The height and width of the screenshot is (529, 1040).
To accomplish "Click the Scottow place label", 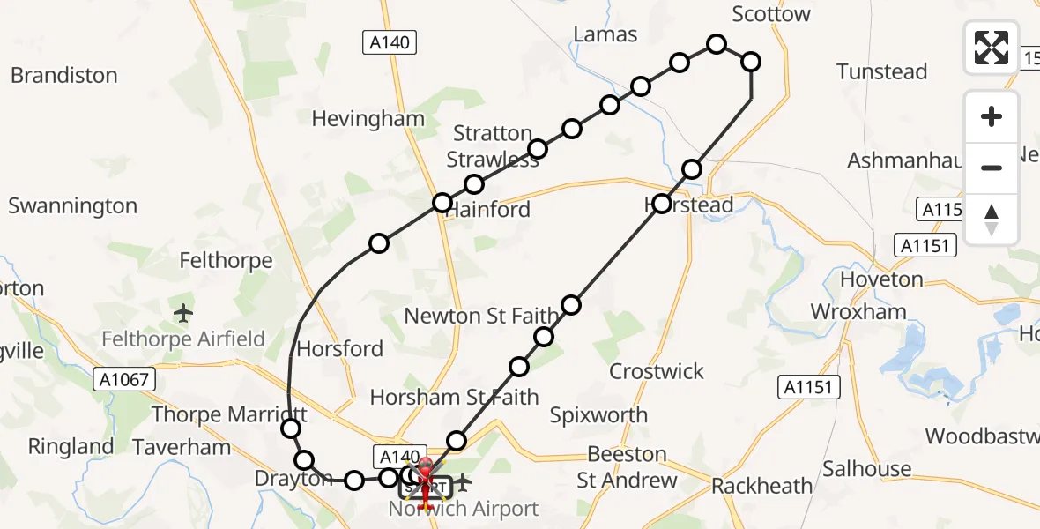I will [771, 14].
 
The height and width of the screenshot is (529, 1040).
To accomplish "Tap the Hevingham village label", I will [368, 118].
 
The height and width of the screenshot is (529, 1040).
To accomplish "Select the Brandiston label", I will [64, 75].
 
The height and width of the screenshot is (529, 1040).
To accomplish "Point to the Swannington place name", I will [73, 206].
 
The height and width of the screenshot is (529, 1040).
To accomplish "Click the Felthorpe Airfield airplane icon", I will [183, 312].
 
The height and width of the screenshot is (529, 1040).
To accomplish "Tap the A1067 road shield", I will [124, 380].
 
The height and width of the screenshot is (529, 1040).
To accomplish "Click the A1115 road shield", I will [940, 210].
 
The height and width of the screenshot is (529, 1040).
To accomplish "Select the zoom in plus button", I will [992, 116].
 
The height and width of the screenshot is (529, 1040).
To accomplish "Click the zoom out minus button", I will [992, 168].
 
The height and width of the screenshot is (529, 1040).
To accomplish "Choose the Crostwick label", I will [657, 371].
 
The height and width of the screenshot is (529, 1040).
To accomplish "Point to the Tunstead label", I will [882, 71].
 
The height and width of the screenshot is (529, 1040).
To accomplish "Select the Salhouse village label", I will [867, 468].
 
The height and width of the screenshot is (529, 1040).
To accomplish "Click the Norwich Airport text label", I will [464, 510].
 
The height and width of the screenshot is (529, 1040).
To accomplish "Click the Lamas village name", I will [605, 34].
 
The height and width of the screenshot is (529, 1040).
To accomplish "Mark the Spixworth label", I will [598, 414].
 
